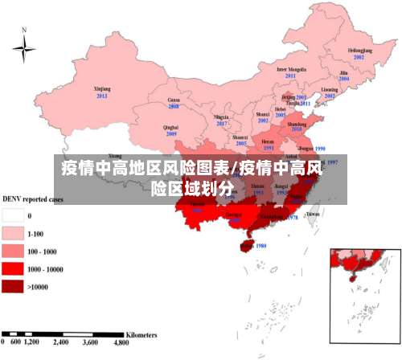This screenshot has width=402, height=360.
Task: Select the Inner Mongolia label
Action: tap(291, 70)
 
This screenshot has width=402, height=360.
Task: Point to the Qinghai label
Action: tap(170, 127)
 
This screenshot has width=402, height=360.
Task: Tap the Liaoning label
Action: tap(329, 90)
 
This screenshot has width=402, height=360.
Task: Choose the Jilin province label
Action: tap(344, 73)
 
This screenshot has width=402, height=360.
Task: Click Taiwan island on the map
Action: tap(313, 212)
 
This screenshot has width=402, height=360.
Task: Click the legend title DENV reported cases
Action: tap(33, 198)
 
